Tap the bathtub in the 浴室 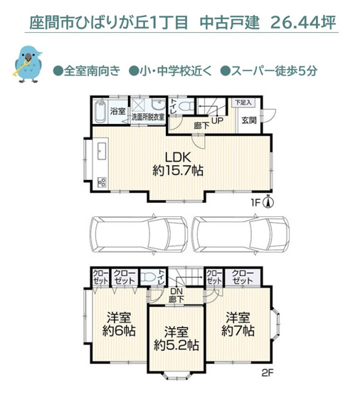coord(100,113)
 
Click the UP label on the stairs coord(216,120)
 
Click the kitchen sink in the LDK coord(100,152)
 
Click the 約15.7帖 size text coord(178,171)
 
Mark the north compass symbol coord(267,202)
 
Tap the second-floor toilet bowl coord(150,278)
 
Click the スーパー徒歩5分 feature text coord(274,71)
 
